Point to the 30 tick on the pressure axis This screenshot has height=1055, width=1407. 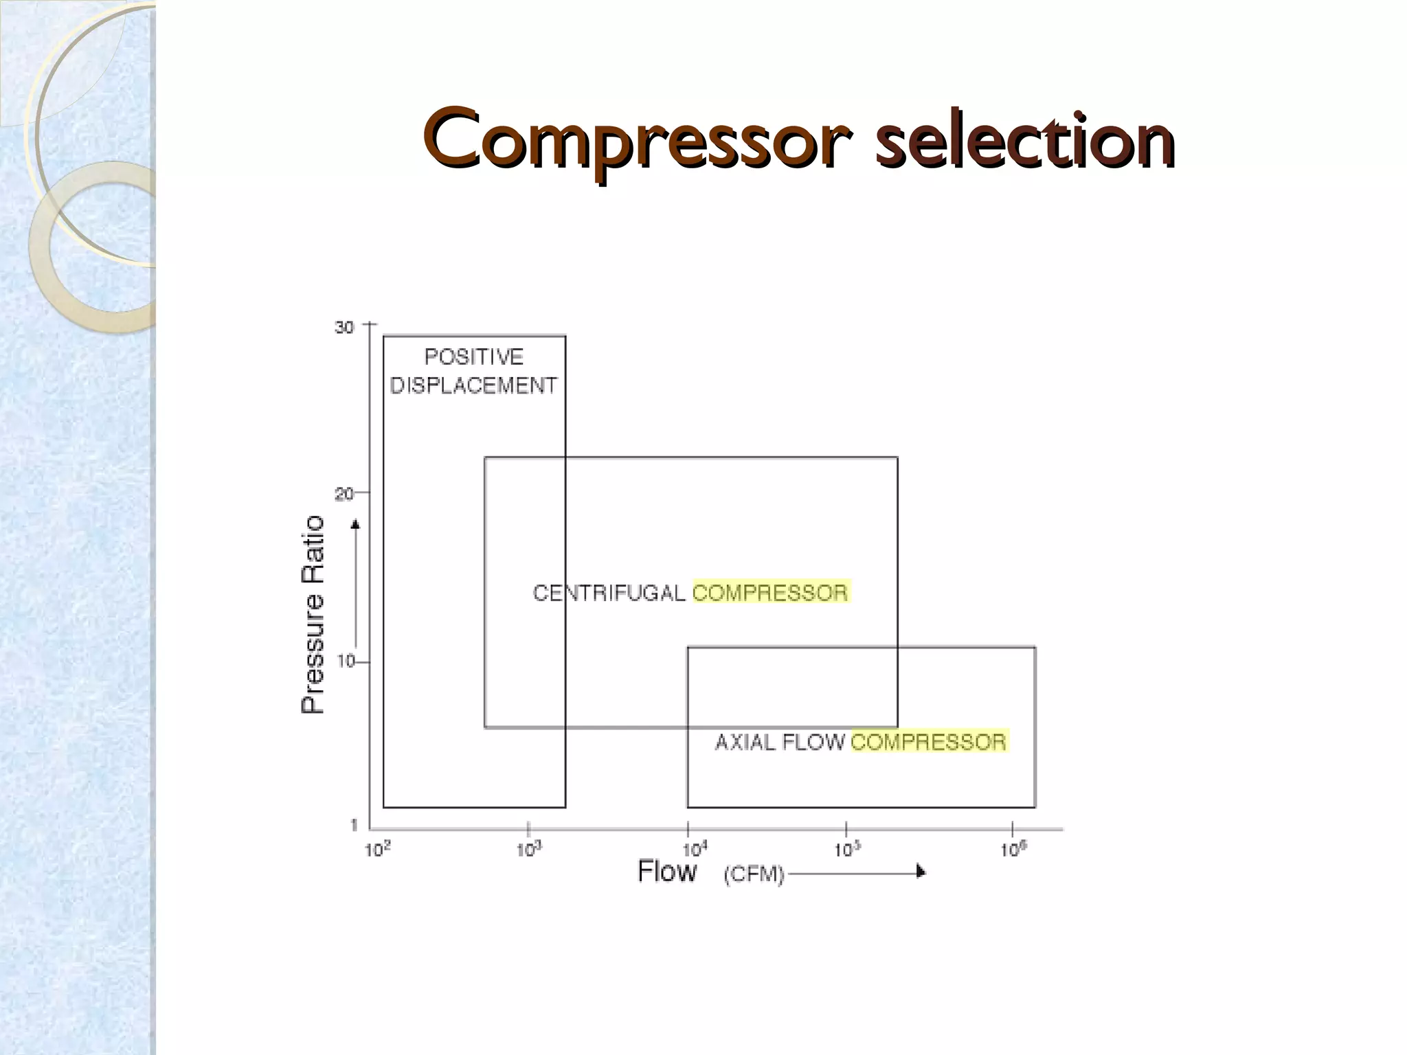coord(344,328)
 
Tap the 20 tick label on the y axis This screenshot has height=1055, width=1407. coord(344,494)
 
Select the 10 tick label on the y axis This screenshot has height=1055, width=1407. coord(346,661)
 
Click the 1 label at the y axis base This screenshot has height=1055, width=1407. coord(354,825)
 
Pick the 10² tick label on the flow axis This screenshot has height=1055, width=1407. coord(377,850)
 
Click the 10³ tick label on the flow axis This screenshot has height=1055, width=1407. coord(529,850)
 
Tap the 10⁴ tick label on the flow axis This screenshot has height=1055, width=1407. coord(695,850)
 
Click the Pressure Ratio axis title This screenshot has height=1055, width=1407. coord(313,615)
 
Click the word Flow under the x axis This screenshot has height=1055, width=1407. coord(667,871)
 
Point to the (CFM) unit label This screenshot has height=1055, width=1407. coord(754,874)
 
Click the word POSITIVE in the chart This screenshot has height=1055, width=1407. coord(474,357)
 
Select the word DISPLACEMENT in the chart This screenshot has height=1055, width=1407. coord(474,386)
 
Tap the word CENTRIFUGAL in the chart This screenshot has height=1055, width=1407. coord(609,593)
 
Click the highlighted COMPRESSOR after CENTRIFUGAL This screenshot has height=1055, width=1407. coord(770,592)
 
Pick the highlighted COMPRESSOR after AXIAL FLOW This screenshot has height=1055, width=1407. coord(929,742)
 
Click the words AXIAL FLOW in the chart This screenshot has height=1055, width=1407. coord(780,742)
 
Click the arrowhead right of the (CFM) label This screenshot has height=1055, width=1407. coord(921,872)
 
